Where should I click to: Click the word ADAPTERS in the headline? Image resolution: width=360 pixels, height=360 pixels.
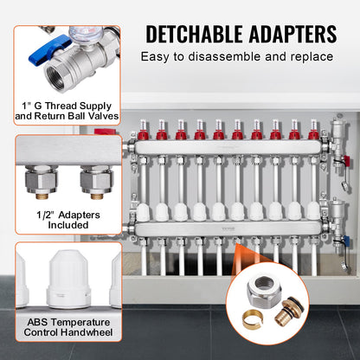tap(287, 35)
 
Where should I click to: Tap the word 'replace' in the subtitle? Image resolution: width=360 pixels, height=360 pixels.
tap(310, 57)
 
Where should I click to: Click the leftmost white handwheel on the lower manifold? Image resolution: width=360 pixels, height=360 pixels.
tap(144, 210)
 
